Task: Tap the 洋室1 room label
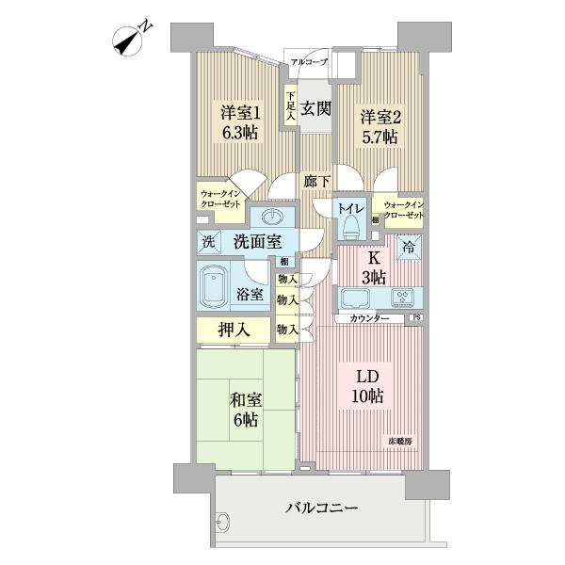(x=240, y=122)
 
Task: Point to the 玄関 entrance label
(x=315, y=107)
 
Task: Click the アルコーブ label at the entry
(x=309, y=62)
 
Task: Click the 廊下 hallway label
(x=315, y=182)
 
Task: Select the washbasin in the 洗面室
(x=274, y=216)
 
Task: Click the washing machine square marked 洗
(x=208, y=241)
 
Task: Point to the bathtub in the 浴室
(x=219, y=286)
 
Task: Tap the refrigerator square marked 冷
(x=409, y=248)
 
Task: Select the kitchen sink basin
(x=358, y=298)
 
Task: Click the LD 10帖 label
(x=366, y=386)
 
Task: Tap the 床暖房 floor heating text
(x=401, y=440)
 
